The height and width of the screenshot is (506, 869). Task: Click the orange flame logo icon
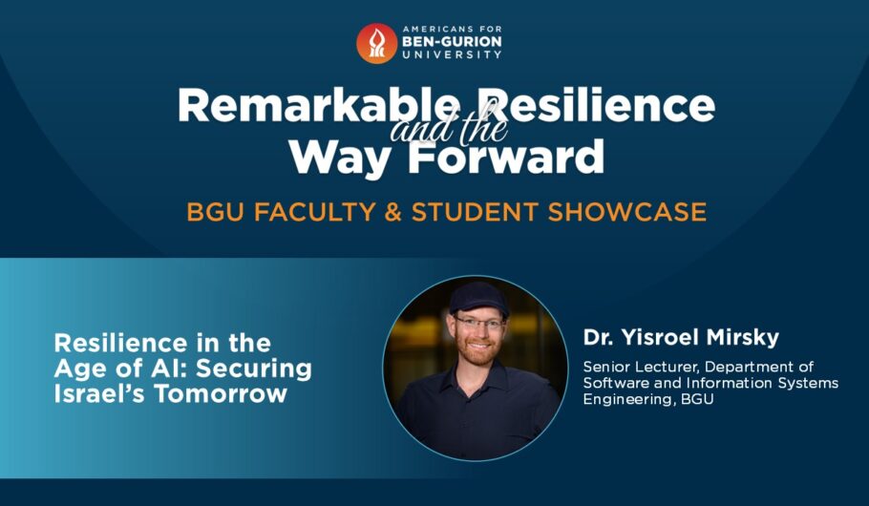tap(376, 43)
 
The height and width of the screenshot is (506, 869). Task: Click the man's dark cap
tap(477, 299)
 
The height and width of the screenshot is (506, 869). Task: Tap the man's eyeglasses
tap(479, 323)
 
